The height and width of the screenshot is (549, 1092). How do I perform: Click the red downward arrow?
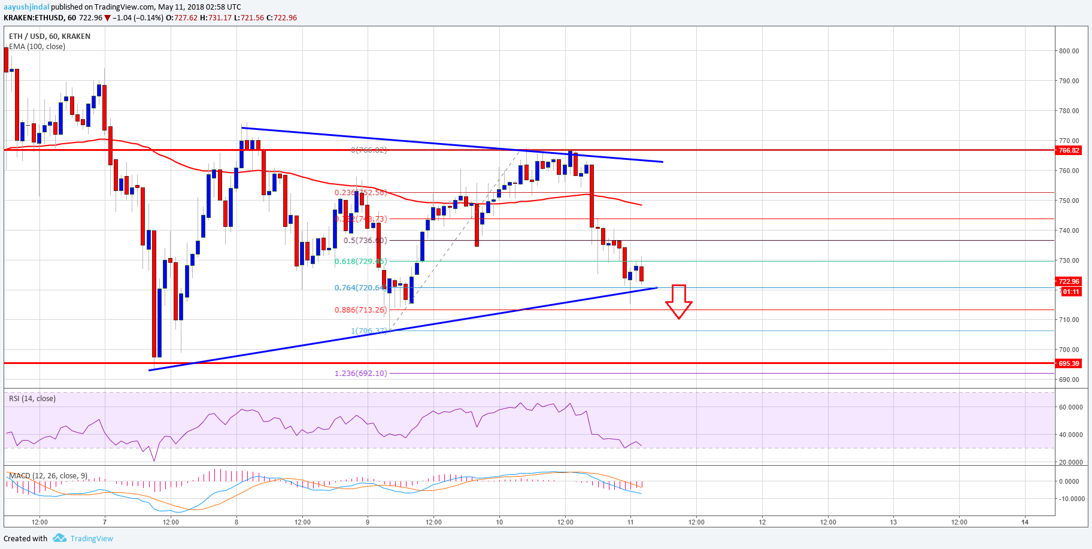pyautogui.click(x=678, y=301)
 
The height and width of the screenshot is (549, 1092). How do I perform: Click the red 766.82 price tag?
pyautogui.click(x=1069, y=150)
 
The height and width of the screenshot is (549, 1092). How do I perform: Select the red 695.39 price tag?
pyautogui.click(x=1069, y=363)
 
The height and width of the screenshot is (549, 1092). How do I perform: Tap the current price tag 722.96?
pyautogui.click(x=1069, y=281)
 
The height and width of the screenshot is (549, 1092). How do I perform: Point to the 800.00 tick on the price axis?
pyautogui.click(x=1069, y=51)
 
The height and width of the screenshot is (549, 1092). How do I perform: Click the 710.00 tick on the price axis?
pyautogui.click(x=1069, y=320)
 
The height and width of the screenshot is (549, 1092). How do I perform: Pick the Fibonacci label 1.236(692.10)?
pyautogui.click(x=360, y=374)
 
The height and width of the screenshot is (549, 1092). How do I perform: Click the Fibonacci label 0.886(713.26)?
pyautogui.click(x=360, y=310)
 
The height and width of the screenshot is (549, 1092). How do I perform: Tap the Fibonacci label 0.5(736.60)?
pyautogui.click(x=365, y=241)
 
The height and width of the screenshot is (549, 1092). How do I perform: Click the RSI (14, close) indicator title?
pyautogui.click(x=32, y=399)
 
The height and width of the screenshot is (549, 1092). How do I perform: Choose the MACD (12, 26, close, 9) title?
pyautogui.click(x=48, y=476)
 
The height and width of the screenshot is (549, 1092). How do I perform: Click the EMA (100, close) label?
pyautogui.click(x=37, y=47)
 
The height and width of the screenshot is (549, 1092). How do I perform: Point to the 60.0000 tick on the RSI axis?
pyautogui.click(x=1070, y=407)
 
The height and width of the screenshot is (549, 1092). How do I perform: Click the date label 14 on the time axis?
pyautogui.click(x=1025, y=522)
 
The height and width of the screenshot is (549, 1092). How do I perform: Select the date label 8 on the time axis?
pyautogui.click(x=236, y=522)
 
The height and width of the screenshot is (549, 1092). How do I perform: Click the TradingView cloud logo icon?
pyautogui.click(x=59, y=538)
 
